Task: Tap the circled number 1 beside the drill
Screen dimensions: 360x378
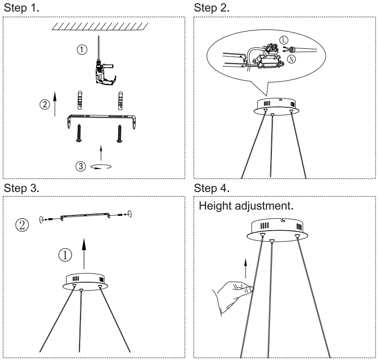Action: point(81,50)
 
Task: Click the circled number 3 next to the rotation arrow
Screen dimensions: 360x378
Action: point(81,166)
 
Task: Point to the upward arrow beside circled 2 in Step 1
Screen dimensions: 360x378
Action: point(55,103)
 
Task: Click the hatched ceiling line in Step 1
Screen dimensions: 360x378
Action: point(99,26)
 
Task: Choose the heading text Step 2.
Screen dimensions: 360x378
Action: point(212,8)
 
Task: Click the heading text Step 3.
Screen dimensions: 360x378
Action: point(22,188)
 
